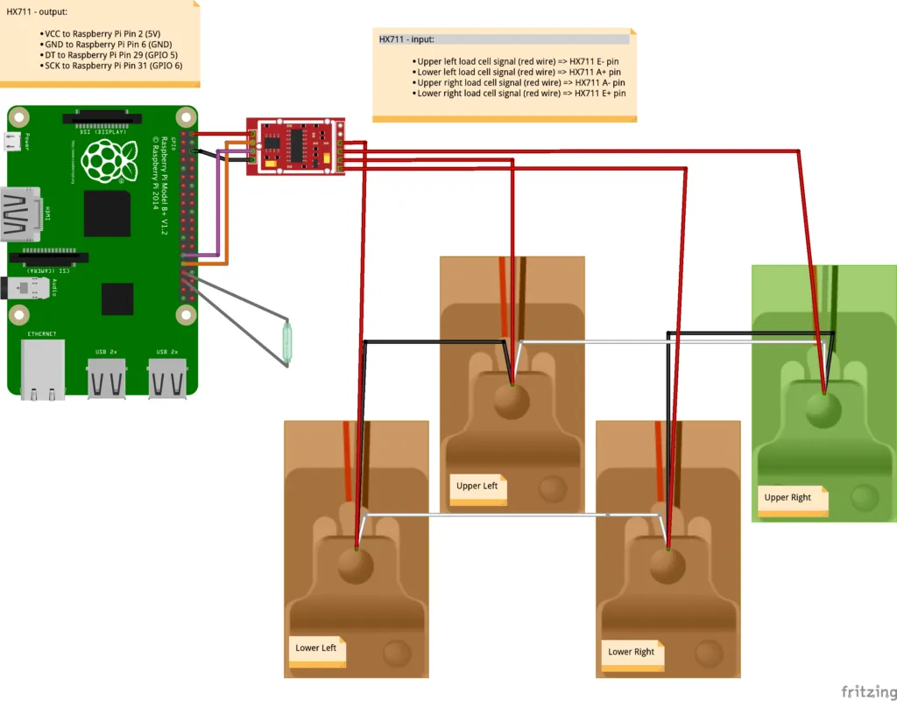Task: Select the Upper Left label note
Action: (x=477, y=487)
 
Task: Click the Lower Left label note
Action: (x=316, y=648)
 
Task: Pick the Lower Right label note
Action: (x=632, y=652)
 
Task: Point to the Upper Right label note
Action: (x=788, y=498)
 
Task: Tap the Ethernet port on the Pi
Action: (x=43, y=368)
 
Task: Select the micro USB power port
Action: (x=14, y=141)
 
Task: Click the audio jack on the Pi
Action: (x=26, y=287)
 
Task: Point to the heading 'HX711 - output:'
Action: (x=37, y=11)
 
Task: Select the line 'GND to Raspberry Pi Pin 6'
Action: (x=108, y=44)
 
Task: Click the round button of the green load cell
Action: (x=823, y=410)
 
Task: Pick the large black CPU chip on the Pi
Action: (x=107, y=213)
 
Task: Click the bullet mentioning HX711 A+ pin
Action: (x=519, y=72)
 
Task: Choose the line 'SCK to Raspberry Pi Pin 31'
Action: (x=112, y=66)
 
